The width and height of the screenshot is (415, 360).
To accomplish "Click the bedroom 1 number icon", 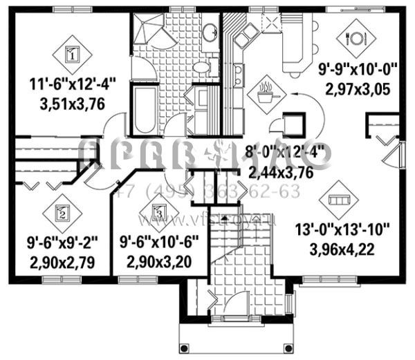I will (x=74, y=51).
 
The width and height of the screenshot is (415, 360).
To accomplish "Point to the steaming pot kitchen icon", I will (x=265, y=93).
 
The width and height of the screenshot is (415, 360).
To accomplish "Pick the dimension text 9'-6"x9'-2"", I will (x=62, y=243).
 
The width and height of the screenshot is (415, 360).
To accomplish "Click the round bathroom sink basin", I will (x=208, y=31).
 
